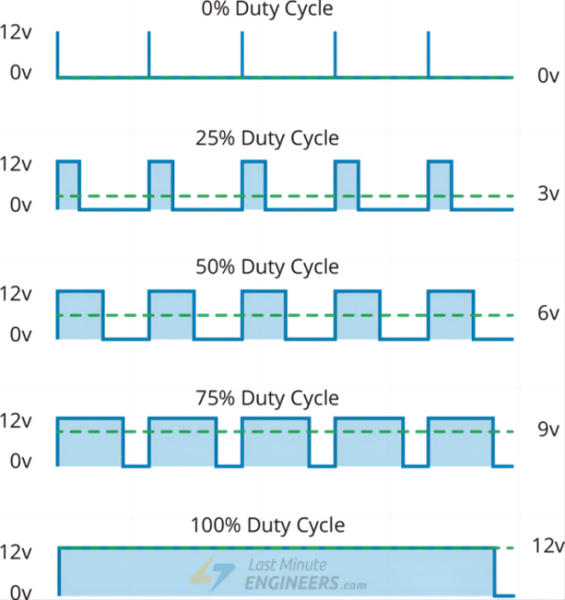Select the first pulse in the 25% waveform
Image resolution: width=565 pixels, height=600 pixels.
pyautogui.click(x=69, y=184)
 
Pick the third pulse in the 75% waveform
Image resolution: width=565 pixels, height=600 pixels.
pyautogui.click(x=274, y=441)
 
